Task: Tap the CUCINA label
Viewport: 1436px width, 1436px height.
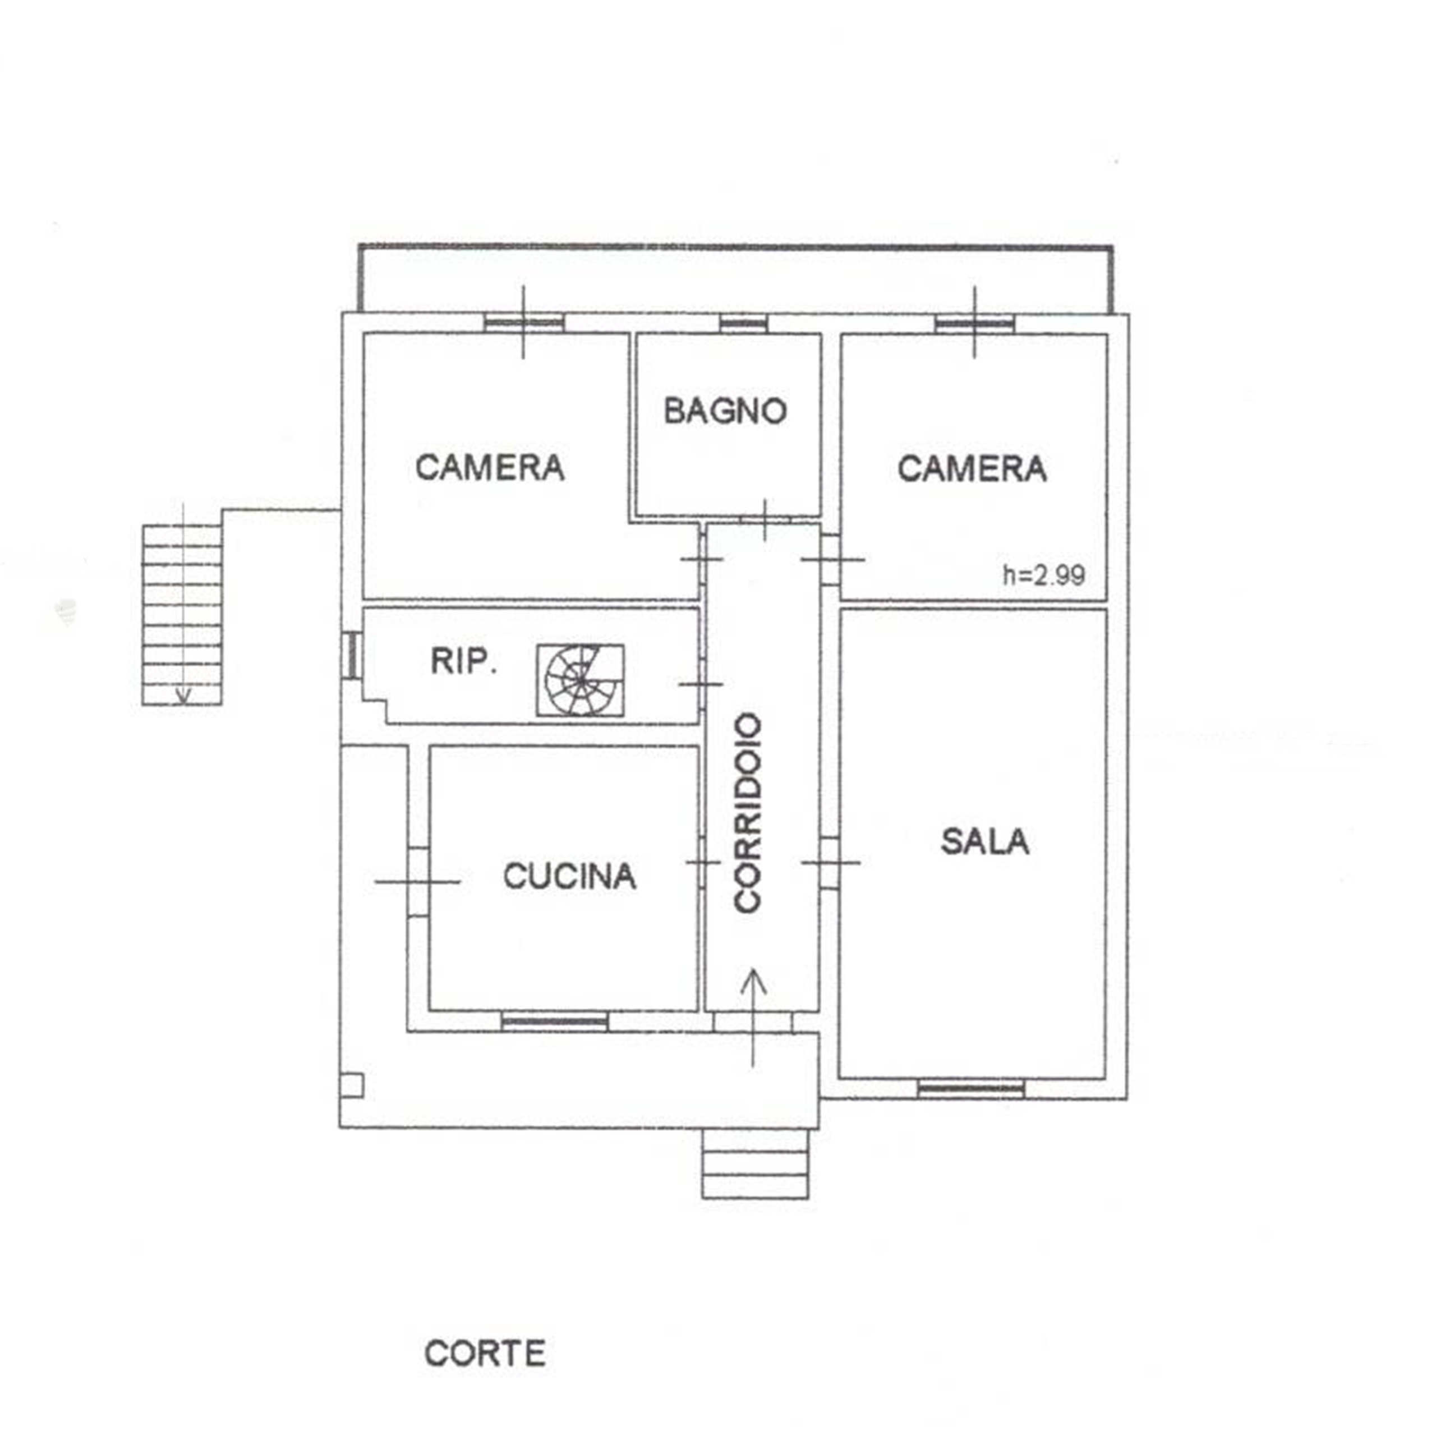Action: tap(569, 876)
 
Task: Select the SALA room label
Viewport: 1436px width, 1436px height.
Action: tap(985, 841)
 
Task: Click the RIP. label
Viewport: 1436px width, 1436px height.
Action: tap(464, 661)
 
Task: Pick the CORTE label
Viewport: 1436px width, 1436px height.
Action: tap(485, 1353)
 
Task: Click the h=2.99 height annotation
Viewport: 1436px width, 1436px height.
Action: tap(1043, 574)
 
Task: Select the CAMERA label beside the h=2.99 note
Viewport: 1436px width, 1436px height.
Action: tap(972, 469)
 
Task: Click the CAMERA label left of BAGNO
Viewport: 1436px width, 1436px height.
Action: tap(490, 467)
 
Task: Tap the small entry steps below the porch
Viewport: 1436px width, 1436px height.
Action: tap(755, 1164)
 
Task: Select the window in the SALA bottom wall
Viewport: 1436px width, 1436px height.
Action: tap(971, 1090)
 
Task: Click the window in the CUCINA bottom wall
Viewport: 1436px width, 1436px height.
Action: tap(554, 1022)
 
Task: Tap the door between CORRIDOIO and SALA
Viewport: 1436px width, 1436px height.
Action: tap(830, 862)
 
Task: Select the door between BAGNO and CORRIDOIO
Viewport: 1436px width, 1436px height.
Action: tap(765, 519)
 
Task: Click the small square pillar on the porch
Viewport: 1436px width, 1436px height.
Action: tap(352, 1086)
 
